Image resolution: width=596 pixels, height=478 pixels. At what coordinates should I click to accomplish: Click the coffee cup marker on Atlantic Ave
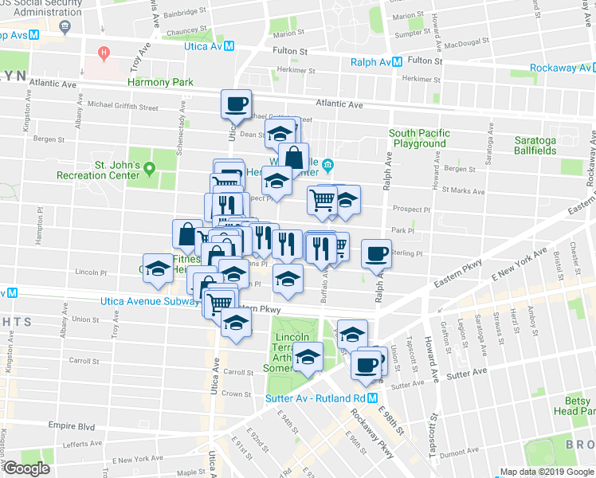click(x=236, y=104)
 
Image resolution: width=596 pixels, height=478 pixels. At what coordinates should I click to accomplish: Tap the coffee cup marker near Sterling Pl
click(x=376, y=254)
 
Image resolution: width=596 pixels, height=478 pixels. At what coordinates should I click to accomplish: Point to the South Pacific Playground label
click(x=419, y=138)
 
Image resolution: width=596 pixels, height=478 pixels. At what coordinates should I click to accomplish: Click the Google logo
click(x=25, y=468)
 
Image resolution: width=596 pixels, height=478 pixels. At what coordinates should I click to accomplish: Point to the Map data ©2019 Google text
click(x=543, y=472)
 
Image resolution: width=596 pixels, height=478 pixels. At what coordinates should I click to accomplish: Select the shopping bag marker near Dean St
click(x=294, y=159)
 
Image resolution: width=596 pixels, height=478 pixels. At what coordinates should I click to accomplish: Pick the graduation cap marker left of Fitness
click(x=158, y=268)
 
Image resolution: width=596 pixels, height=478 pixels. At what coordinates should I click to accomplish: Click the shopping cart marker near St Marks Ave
click(x=323, y=200)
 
